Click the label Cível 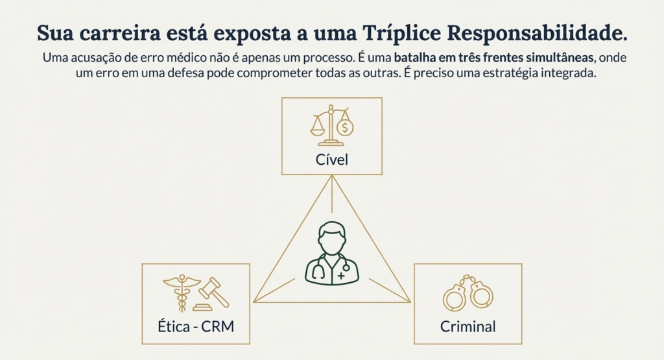click(x=332, y=160)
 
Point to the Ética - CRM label click(x=196, y=326)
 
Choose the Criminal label click(x=468, y=326)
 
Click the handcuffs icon click(x=468, y=293)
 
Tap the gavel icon click(x=212, y=294)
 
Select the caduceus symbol click(x=182, y=293)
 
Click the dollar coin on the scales click(x=345, y=127)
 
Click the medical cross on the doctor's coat click(x=341, y=276)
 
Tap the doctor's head click(x=332, y=238)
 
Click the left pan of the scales click(x=318, y=128)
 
